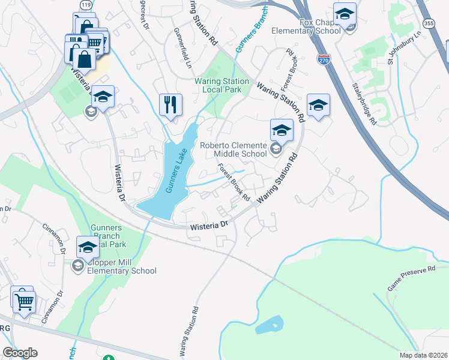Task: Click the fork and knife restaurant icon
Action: tap(170, 104)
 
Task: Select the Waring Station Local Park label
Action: tap(221, 85)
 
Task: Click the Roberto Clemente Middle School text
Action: tap(233, 149)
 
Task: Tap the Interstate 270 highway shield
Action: tap(324, 60)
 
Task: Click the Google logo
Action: tap(20, 353)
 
